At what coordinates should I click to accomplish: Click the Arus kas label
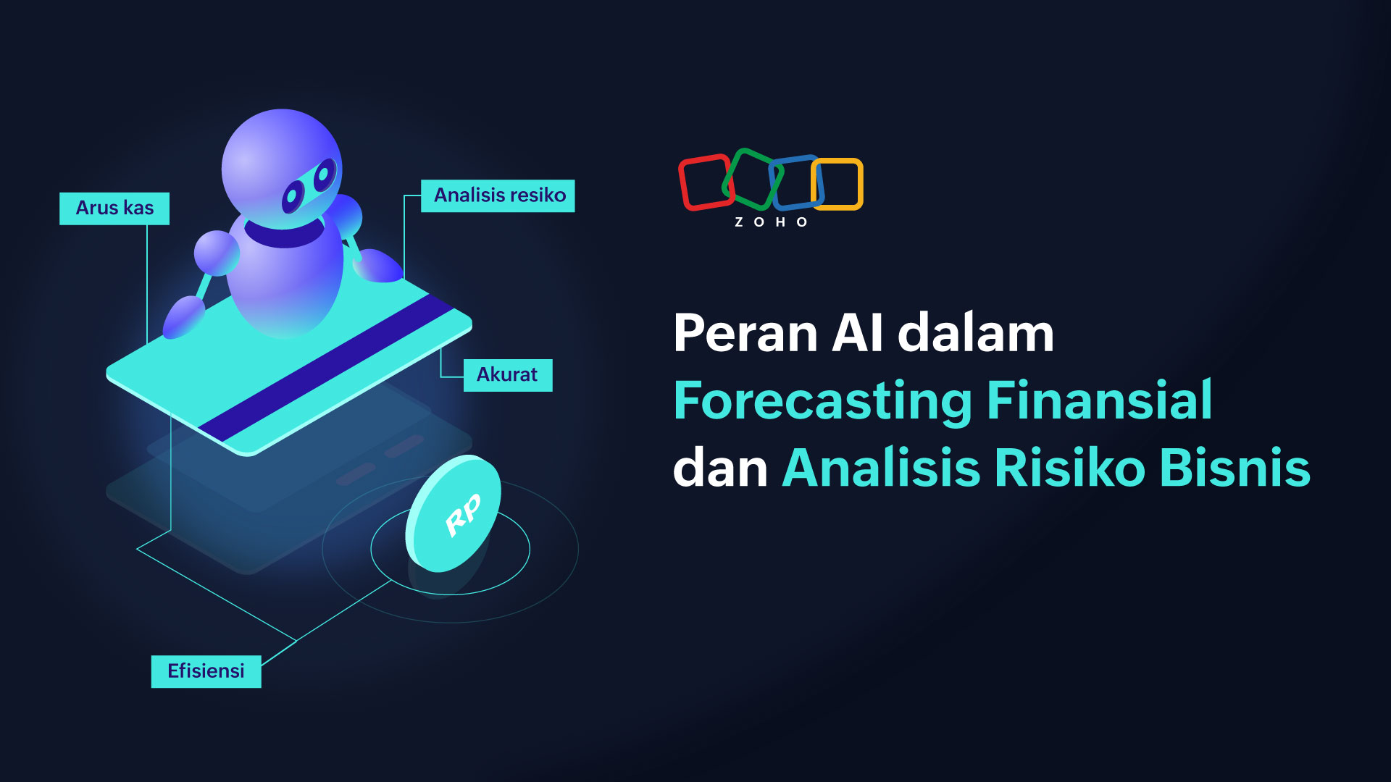point(114,209)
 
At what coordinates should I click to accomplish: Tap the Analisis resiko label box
point(498,195)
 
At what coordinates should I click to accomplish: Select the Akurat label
point(508,375)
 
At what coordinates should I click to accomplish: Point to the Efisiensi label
point(206,671)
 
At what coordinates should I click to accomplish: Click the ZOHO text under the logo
point(771,222)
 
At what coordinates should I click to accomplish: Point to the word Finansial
point(1100,400)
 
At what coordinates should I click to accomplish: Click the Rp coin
point(454,513)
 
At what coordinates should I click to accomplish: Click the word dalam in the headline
point(976,334)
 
